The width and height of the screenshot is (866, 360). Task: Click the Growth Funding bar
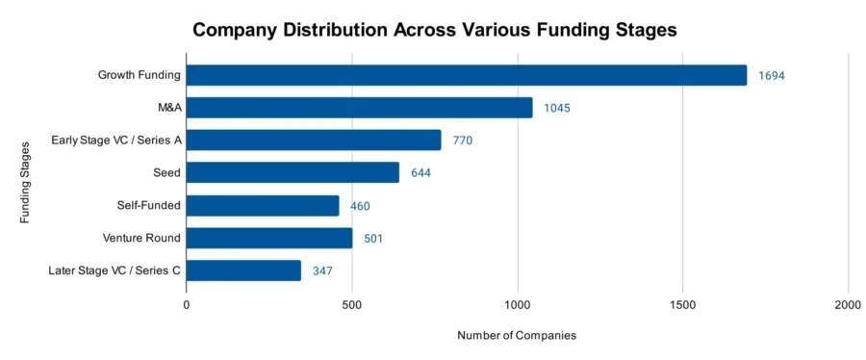click(466, 75)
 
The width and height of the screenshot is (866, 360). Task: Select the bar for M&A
click(359, 108)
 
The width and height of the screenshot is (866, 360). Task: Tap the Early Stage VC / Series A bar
click(314, 141)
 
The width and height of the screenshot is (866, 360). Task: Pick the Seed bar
click(293, 173)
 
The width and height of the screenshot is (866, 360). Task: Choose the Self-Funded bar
click(263, 206)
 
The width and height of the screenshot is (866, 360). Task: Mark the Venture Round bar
click(269, 238)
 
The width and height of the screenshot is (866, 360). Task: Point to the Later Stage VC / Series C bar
click(243, 270)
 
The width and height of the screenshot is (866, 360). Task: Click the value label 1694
click(772, 76)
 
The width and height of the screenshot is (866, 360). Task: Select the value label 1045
click(556, 108)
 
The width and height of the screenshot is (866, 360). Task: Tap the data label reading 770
click(462, 141)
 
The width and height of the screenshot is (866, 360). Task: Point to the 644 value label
click(420, 173)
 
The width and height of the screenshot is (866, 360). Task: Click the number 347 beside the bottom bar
click(322, 271)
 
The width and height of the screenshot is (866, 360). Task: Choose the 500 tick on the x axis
click(352, 304)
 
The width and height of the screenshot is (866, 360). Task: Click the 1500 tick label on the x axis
click(682, 304)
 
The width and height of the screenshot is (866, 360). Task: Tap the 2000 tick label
click(848, 304)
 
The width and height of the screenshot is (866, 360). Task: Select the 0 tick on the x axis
click(187, 304)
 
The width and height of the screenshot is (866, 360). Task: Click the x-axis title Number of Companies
click(517, 336)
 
